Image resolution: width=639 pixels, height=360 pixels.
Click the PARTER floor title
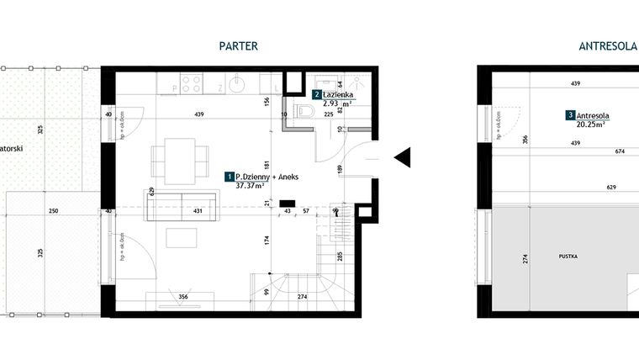coord(237,46)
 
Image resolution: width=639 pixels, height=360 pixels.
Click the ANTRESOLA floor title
coord(607,46)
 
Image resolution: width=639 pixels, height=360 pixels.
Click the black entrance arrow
coord(401,156)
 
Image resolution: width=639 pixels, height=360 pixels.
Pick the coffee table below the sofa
coord(181,238)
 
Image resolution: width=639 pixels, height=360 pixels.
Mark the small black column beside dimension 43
coord(286,203)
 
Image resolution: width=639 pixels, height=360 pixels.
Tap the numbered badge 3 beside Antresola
coord(570,114)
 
